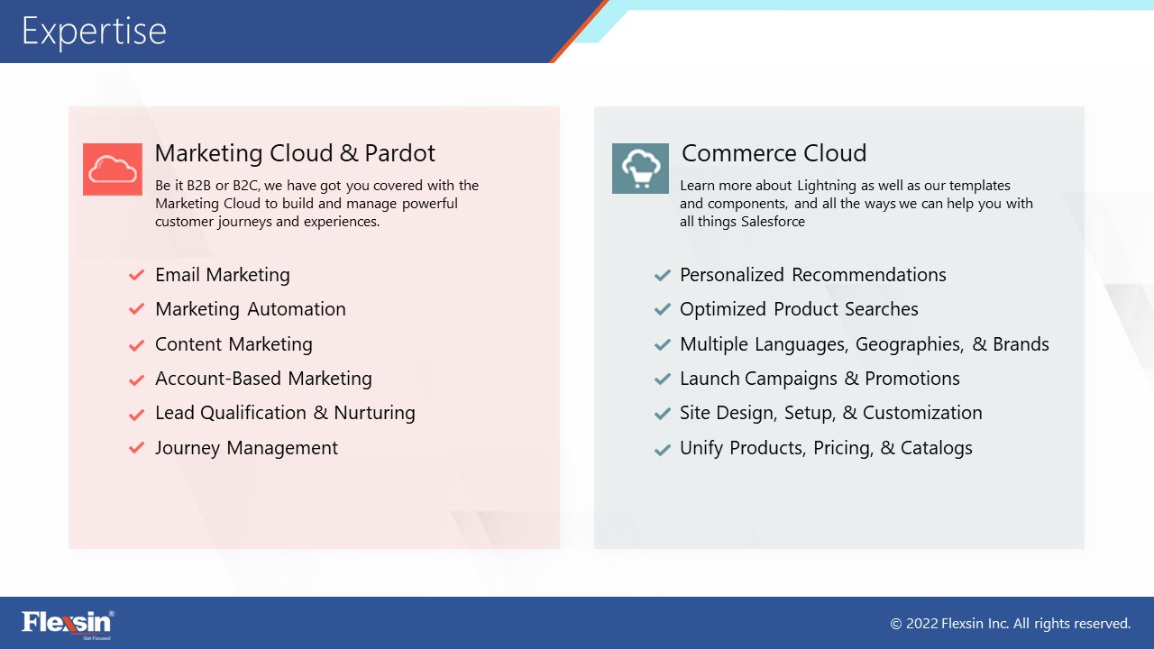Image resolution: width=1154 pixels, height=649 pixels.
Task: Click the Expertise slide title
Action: coord(94,32)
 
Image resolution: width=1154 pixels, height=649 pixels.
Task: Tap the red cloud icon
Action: coord(113,169)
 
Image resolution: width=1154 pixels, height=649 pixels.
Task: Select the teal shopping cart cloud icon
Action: coord(640,169)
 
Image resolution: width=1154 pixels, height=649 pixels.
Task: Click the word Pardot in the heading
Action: coord(399,153)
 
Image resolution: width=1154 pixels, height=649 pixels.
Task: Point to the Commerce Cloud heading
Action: coord(774,153)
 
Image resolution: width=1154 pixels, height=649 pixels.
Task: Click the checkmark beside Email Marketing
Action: coord(136,275)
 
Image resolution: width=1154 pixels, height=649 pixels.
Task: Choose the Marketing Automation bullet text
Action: coord(251,309)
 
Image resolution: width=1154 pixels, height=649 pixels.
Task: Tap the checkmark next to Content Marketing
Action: coord(136,344)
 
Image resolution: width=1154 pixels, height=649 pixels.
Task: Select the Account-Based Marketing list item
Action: coord(264,379)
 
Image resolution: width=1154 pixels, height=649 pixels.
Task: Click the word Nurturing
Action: coord(374,413)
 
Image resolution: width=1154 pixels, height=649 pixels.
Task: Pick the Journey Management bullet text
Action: coord(247,448)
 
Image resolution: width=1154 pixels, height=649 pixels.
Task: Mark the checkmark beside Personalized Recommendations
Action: coord(662,275)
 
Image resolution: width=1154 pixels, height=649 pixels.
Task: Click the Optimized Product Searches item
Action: coord(799,309)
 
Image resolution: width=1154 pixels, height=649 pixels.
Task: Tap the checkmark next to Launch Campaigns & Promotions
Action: coord(662,379)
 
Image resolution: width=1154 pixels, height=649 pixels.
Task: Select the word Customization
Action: coord(922,413)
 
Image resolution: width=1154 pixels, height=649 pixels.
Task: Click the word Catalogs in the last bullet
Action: coord(937,448)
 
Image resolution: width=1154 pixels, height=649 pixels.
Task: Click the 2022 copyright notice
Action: coord(1011,624)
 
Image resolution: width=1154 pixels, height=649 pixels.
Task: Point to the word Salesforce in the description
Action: coord(773,222)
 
